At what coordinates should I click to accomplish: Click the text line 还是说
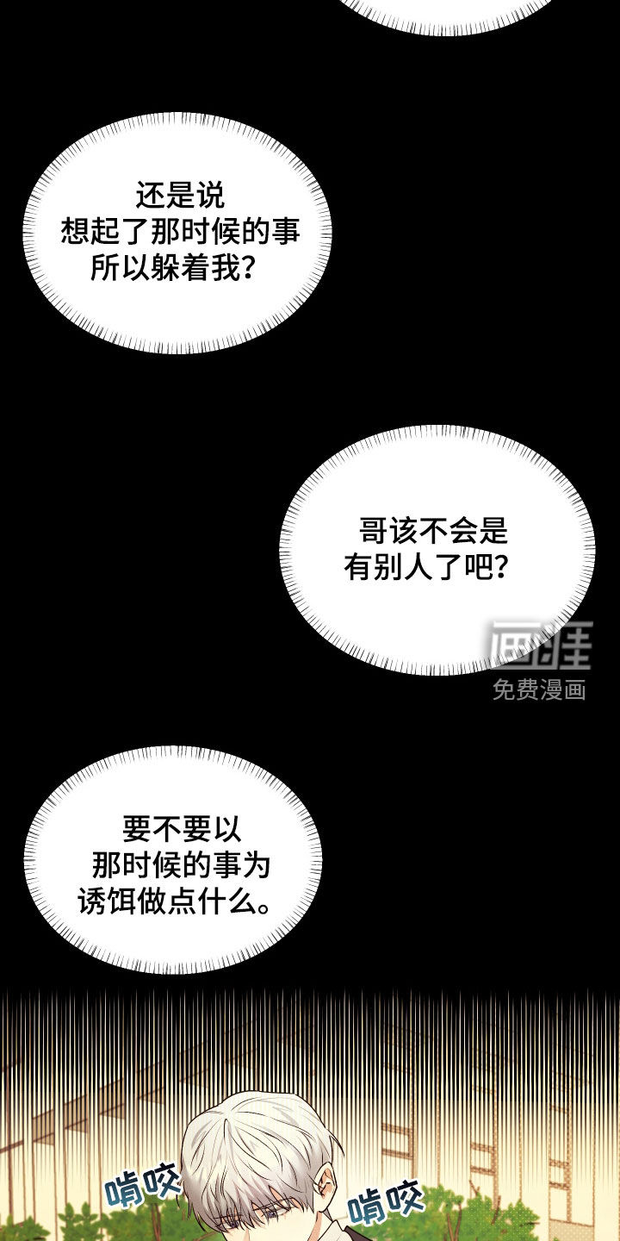(x=179, y=196)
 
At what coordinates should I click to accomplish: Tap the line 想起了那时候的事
(x=179, y=232)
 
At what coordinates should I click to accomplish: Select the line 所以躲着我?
(x=172, y=268)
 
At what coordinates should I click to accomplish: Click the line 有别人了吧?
(x=425, y=567)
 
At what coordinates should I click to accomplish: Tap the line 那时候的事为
(x=182, y=866)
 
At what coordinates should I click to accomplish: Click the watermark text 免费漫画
(x=539, y=689)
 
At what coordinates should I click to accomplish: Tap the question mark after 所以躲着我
(x=245, y=269)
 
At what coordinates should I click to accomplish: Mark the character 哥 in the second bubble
(x=371, y=530)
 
